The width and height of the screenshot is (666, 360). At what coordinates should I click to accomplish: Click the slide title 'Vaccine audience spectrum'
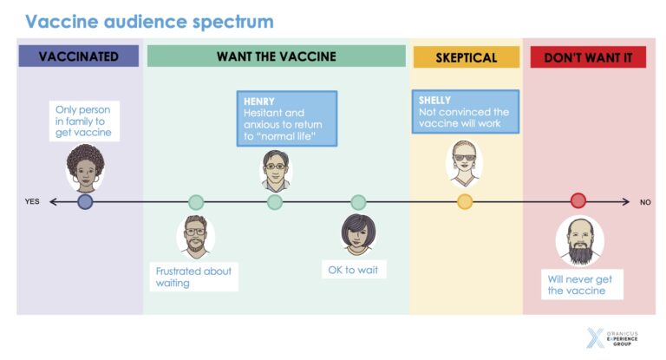point(149,21)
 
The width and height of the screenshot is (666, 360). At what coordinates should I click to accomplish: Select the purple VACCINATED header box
point(79,57)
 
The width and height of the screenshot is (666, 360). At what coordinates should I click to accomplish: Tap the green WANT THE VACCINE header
point(276,57)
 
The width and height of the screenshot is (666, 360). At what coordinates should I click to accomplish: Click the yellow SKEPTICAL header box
point(467,58)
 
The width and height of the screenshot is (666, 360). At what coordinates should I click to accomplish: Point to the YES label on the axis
point(32,202)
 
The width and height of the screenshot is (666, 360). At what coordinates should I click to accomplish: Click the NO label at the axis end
point(644,202)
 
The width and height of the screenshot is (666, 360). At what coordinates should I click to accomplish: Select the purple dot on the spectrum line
point(85,202)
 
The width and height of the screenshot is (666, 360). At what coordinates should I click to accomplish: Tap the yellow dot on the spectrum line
point(465,202)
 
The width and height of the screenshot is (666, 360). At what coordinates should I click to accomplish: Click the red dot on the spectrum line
point(578,201)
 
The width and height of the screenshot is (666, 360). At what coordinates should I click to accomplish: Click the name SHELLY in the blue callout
point(436,101)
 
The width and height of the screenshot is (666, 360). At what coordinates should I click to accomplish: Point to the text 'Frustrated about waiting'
point(193,277)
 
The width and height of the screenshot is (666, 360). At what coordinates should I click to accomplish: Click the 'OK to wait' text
point(354,270)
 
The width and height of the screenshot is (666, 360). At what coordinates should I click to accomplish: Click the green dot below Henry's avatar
point(275,202)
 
